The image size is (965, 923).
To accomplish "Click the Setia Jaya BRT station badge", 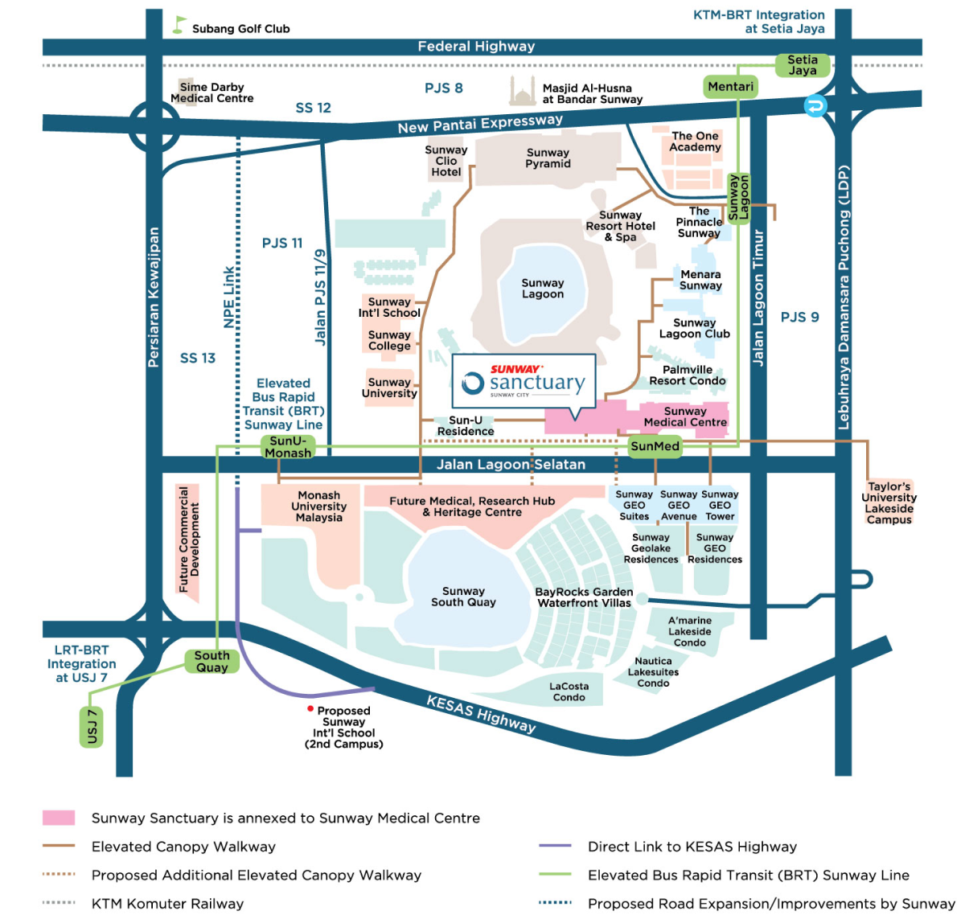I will pos(802,65).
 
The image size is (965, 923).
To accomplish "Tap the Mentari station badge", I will pos(730,86).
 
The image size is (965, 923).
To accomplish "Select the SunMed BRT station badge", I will pos(655,446).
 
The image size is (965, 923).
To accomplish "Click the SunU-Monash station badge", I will pos(288,447).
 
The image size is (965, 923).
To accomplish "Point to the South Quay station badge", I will pos(211,661).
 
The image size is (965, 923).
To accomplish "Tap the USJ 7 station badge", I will pos(92,726).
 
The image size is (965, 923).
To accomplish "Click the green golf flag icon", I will pos(179,25).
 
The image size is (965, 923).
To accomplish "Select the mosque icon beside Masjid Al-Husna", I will pos(522,92).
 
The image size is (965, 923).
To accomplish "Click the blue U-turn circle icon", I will pos(815,106).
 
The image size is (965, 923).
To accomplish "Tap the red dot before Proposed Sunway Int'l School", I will pos(310,709).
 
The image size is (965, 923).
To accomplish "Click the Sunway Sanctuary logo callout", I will pos(524,381).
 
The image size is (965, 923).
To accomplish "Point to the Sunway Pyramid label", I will pos(548,158).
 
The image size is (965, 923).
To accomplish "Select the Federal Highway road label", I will pos(476,47).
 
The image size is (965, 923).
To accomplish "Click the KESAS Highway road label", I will pos(480,714).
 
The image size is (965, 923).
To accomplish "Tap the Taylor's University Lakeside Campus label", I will pos(889,503).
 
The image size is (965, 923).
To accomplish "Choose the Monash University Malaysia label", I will pos(318,507).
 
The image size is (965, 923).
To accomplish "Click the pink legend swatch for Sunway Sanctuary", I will pos(59,818).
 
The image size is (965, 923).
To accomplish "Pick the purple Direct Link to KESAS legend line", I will pos(555,846).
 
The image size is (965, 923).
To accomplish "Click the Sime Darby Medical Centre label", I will pos(211,92).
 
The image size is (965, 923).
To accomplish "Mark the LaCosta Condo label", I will pos(569,691).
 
